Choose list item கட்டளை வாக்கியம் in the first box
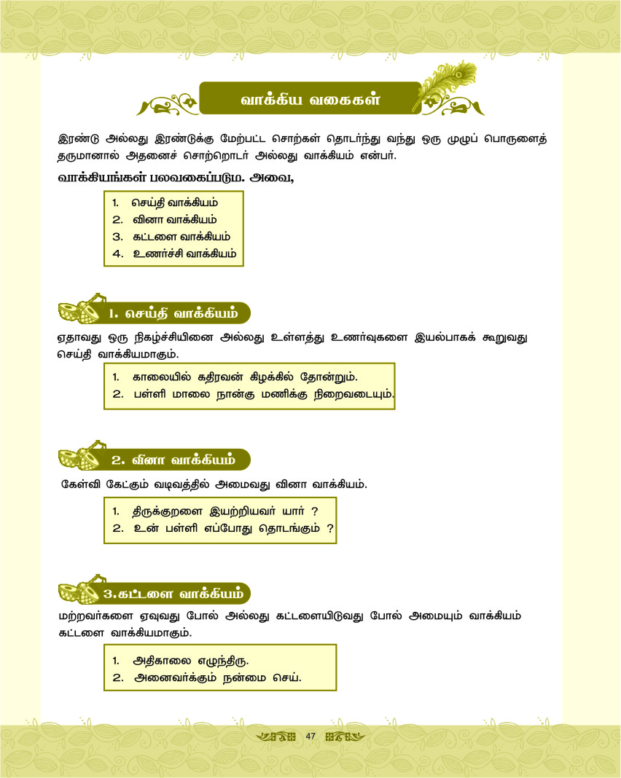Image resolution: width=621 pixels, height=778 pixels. [x=181, y=237]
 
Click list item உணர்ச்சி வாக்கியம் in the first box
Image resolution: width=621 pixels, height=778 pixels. [x=184, y=254]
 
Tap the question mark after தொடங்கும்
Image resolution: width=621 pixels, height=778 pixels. [x=330, y=528]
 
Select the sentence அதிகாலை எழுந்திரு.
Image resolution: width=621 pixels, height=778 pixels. [x=190, y=661]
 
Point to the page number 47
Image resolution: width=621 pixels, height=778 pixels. [x=310, y=736]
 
